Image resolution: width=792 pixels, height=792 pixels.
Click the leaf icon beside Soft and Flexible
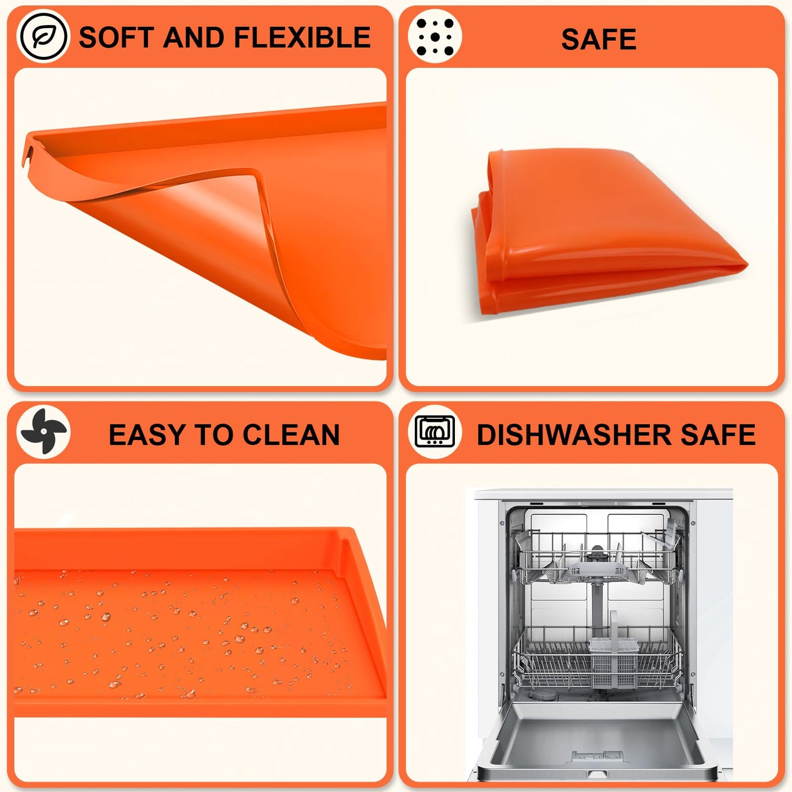[43, 37]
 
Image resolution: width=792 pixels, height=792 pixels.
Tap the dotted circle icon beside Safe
[435, 37]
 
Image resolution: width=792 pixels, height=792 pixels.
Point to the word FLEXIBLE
[303, 37]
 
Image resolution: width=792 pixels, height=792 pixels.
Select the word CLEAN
[291, 435]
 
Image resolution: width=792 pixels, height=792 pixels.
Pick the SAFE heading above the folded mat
[599, 39]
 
